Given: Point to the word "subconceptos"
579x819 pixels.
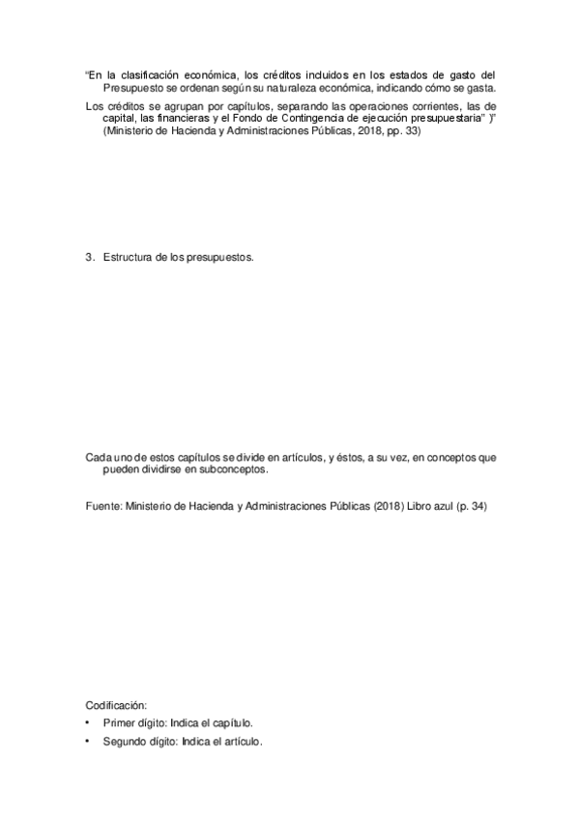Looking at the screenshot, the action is [233, 470].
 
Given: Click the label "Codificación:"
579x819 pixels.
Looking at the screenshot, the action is [116, 706].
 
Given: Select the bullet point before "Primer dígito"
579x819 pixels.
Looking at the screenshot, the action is [89, 723].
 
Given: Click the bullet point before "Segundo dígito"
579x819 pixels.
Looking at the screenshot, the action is [89, 742].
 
